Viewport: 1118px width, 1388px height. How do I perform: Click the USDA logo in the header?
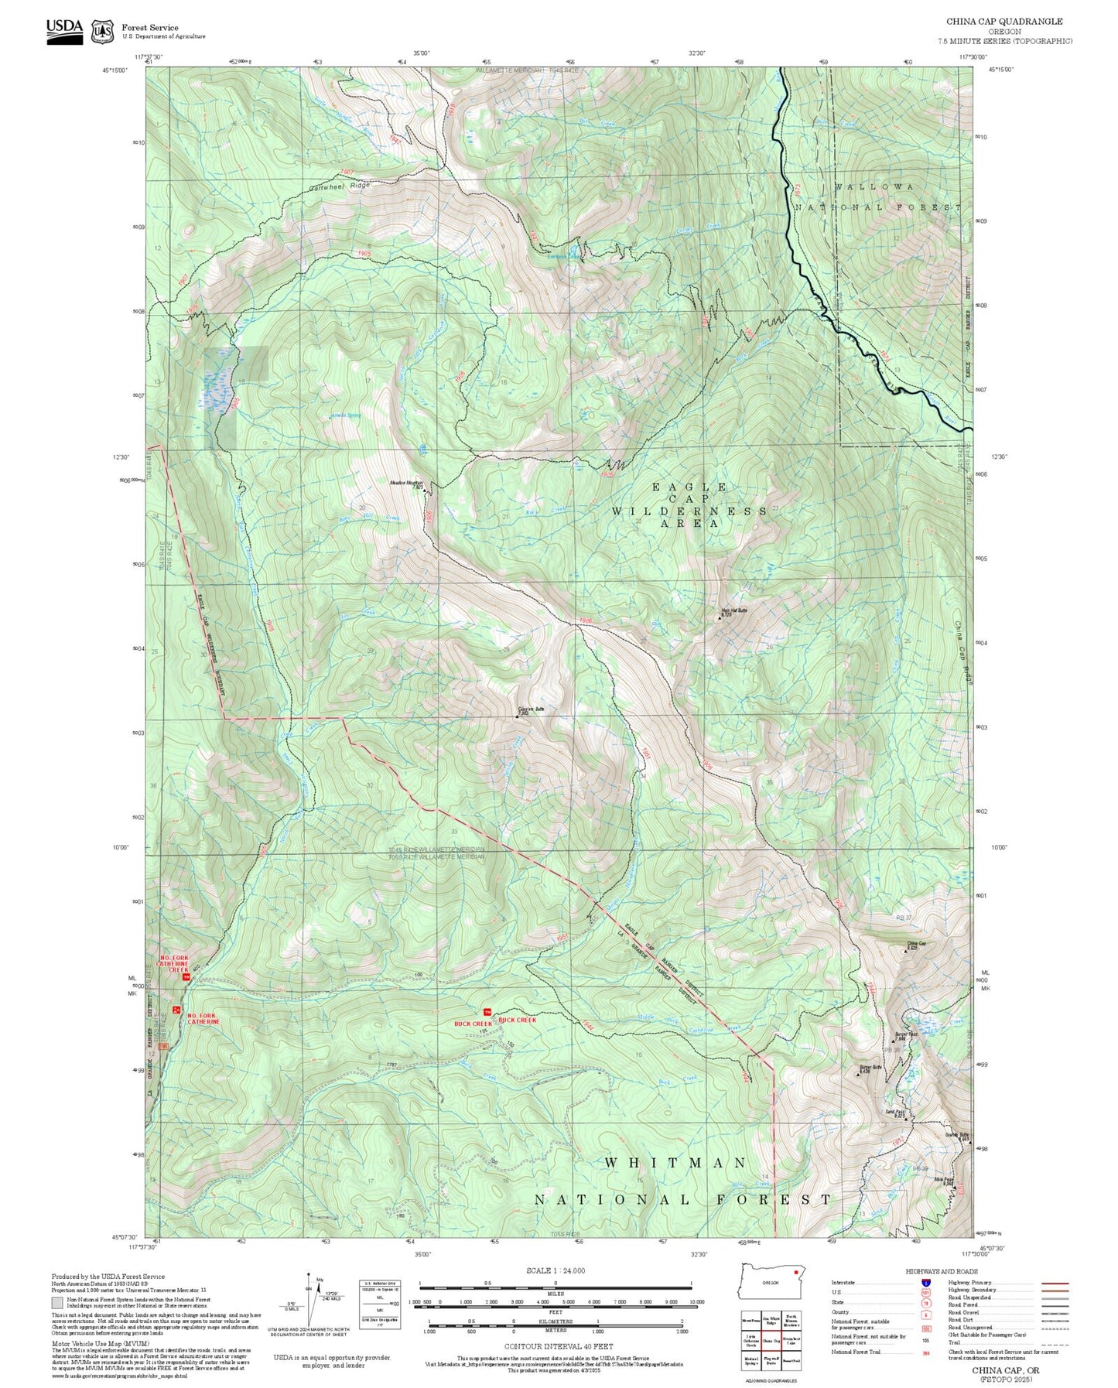pyautogui.click(x=64, y=31)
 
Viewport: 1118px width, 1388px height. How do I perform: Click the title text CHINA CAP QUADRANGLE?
pyautogui.click(x=1003, y=22)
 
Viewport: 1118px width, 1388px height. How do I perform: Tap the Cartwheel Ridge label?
pyautogui.click(x=339, y=186)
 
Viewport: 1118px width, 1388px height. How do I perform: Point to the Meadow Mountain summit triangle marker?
pyautogui.click(x=425, y=491)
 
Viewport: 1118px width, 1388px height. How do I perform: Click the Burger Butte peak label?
pyautogui.click(x=870, y=1068)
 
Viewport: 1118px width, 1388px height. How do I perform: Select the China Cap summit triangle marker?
pyautogui.click(x=906, y=950)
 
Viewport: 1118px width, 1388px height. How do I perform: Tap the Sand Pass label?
pyautogui.click(x=894, y=1113)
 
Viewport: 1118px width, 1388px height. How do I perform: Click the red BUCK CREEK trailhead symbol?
pyautogui.click(x=487, y=1012)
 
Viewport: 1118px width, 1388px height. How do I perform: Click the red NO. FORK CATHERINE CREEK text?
pyautogui.click(x=173, y=963)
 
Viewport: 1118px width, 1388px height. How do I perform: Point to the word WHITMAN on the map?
pyautogui.click(x=675, y=1163)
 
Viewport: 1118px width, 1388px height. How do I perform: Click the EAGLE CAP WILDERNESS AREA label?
pyautogui.click(x=689, y=505)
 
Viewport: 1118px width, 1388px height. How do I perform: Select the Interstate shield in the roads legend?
pyautogui.click(x=925, y=1283)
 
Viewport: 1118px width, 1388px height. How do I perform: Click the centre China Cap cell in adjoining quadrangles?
pyautogui.click(x=771, y=1341)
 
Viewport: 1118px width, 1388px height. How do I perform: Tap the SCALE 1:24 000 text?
pyautogui.click(x=556, y=1270)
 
